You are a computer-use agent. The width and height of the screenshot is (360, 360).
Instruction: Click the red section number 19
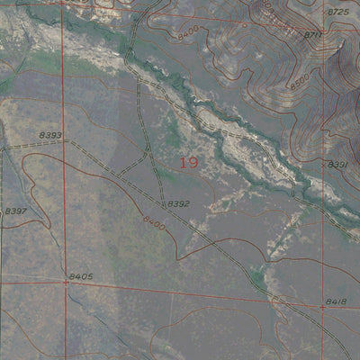[188, 163]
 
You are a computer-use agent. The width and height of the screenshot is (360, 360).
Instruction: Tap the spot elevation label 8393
[50, 135]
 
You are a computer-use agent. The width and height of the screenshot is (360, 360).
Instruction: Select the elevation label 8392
[179, 204]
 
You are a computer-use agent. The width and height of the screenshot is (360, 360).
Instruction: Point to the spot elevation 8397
[16, 211]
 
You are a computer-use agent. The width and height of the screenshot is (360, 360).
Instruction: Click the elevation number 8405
[81, 276]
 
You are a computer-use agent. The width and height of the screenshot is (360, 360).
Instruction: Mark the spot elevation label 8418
[336, 301]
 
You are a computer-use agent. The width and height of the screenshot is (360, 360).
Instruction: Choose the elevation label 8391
[337, 165]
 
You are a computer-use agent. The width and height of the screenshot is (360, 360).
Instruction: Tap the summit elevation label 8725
[337, 12]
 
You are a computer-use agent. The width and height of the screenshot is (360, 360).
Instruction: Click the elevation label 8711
[313, 35]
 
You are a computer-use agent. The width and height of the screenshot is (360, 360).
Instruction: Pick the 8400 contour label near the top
[188, 32]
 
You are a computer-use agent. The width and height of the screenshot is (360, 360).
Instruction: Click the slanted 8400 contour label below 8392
[154, 222]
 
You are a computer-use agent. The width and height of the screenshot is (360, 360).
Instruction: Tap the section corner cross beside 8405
[66, 282]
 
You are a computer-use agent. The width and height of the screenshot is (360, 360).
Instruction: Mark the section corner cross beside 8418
[322, 306]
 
